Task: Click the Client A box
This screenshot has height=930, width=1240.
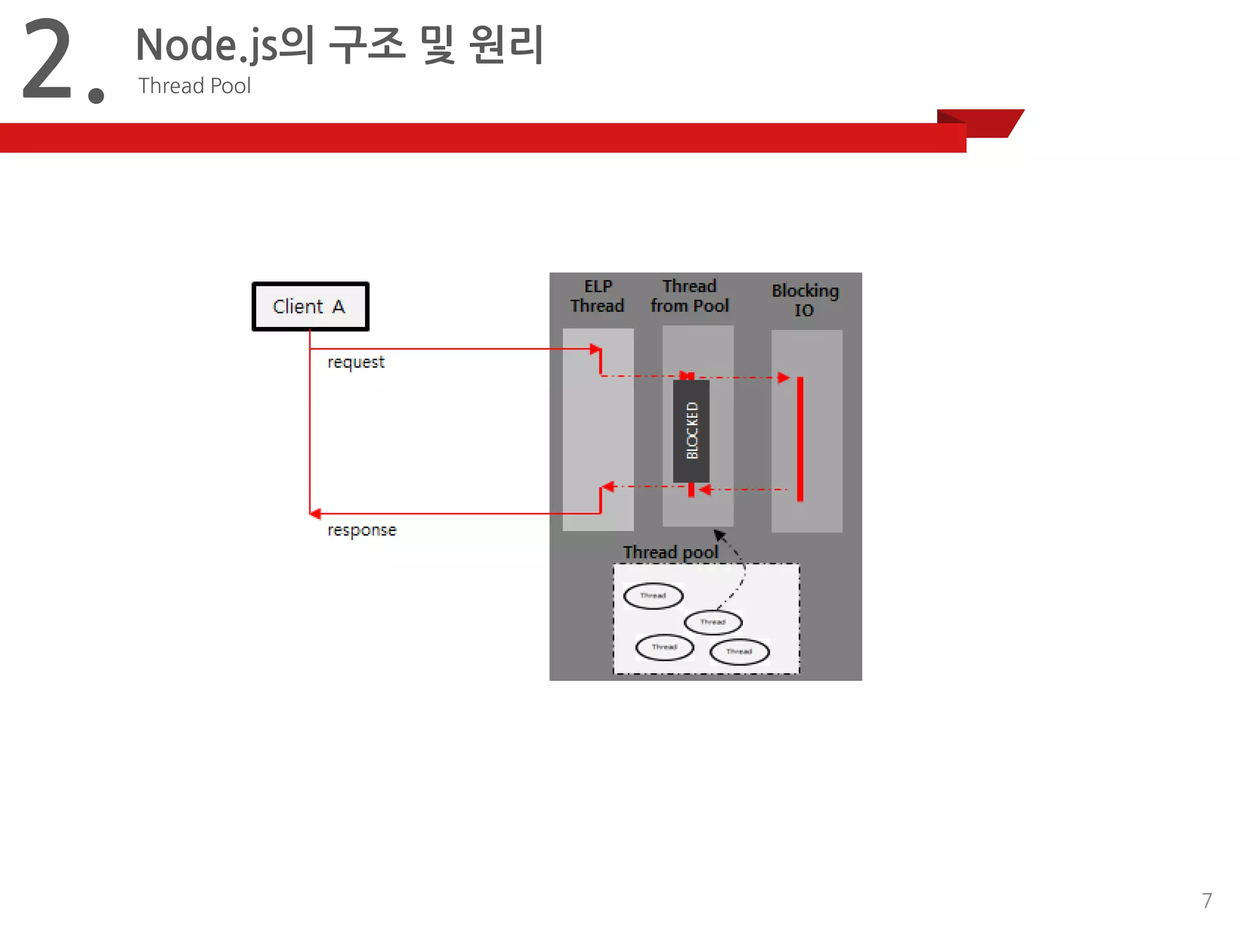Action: point(310,306)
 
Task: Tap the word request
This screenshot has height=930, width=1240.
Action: point(356,362)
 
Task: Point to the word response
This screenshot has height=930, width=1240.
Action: point(362,530)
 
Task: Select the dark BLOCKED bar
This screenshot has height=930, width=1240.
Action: point(691,430)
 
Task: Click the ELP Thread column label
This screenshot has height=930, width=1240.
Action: point(598,296)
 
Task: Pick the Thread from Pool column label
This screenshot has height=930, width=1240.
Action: point(690,296)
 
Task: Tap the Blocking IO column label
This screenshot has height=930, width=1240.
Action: point(805,300)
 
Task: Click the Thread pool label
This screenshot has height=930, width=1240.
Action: point(670,552)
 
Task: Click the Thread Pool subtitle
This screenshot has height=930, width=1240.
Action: point(194,86)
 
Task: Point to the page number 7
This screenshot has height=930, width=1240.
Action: point(1207,900)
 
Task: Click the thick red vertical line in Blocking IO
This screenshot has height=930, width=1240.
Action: point(800,439)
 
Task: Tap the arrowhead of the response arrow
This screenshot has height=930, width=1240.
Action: point(315,513)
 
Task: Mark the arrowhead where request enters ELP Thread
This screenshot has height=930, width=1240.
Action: point(595,349)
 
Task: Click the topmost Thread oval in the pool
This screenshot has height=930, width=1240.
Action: point(653,596)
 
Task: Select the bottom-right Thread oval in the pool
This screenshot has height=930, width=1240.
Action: point(739,651)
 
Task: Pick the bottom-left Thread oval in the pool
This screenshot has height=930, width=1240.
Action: point(664,647)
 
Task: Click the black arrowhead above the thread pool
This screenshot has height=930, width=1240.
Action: point(719,535)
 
